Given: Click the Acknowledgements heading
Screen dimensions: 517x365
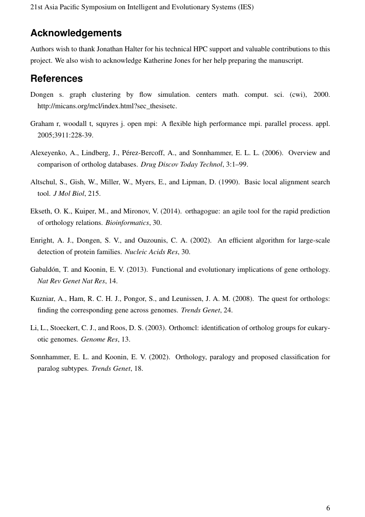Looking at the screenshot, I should click(x=76, y=33).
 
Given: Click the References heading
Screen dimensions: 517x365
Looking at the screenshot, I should click(x=56, y=79).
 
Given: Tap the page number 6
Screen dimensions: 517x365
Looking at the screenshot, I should click(x=328, y=508).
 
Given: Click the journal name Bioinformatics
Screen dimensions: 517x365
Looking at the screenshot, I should click(x=127, y=223).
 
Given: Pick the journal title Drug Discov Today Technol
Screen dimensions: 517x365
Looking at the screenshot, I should click(x=175, y=164).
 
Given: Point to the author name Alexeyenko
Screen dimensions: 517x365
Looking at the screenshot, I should click(x=49, y=153).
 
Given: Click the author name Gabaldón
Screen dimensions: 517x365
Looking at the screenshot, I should click(x=48, y=270).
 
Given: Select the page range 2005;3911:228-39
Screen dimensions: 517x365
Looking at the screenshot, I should click(x=65, y=135).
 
